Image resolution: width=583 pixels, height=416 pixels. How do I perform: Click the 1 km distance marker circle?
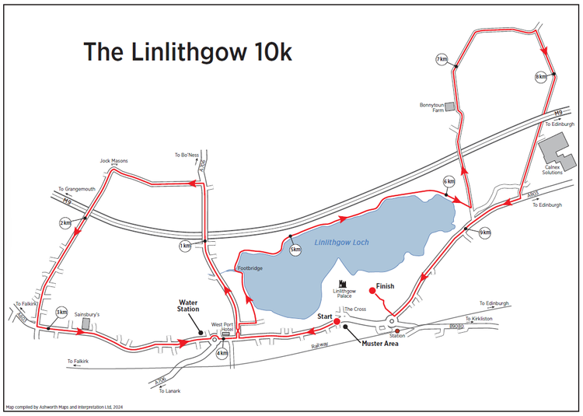pyautogui.click(x=185, y=246)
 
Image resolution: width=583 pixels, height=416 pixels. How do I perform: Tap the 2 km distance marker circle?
pyautogui.click(x=65, y=223)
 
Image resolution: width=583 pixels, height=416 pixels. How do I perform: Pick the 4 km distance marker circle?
pyautogui.click(x=223, y=353)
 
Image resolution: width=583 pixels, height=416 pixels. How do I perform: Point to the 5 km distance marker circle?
pyautogui.click(x=295, y=250)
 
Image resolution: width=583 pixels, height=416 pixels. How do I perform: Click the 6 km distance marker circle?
pyautogui.click(x=449, y=182)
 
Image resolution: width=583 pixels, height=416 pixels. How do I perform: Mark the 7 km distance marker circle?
pyautogui.click(x=442, y=60)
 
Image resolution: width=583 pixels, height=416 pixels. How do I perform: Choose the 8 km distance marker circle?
pyautogui.click(x=541, y=77)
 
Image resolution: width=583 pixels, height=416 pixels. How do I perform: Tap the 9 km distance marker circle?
pyautogui.click(x=485, y=232)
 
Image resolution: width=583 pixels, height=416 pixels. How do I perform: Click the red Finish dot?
pyautogui.click(x=372, y=292)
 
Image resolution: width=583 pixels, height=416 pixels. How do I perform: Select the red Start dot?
pyautogui.click(x=337, y=322)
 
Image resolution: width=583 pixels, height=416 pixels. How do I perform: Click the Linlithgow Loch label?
pyautogui.click(x=342, y=243)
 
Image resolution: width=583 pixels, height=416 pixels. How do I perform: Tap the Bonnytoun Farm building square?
pyautogui.click(x=449, y=105)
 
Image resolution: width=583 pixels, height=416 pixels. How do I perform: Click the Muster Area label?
pyautogui.click(x=380, y=343)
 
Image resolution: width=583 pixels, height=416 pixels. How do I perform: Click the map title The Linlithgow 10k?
pyautogui.click(x=187, y=52)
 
